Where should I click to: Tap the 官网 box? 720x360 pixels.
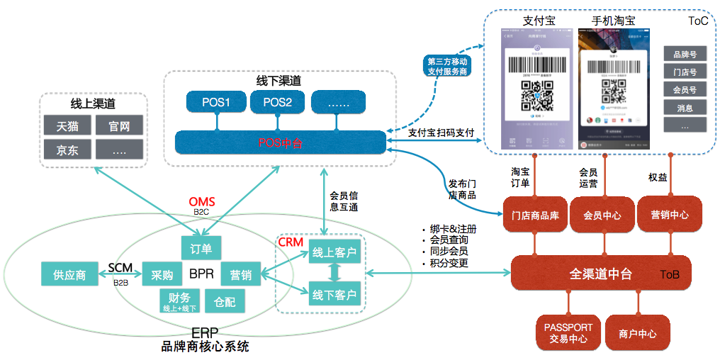coord(118,126)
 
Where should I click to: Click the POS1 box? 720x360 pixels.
coord(217,102)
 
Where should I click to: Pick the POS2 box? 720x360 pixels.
coord(277,102)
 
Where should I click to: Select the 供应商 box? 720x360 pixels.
coord(69,274)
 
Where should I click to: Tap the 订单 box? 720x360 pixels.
coord(201,248)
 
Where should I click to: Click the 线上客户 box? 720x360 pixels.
coord(334,252)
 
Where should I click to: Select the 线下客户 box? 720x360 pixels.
coord(334,293)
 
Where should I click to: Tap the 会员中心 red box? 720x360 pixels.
coord(601,215)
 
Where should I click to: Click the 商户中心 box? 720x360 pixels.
coord(637,333)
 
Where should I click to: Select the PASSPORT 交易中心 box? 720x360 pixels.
coord(568,333)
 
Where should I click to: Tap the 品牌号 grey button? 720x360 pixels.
coord(684,55)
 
